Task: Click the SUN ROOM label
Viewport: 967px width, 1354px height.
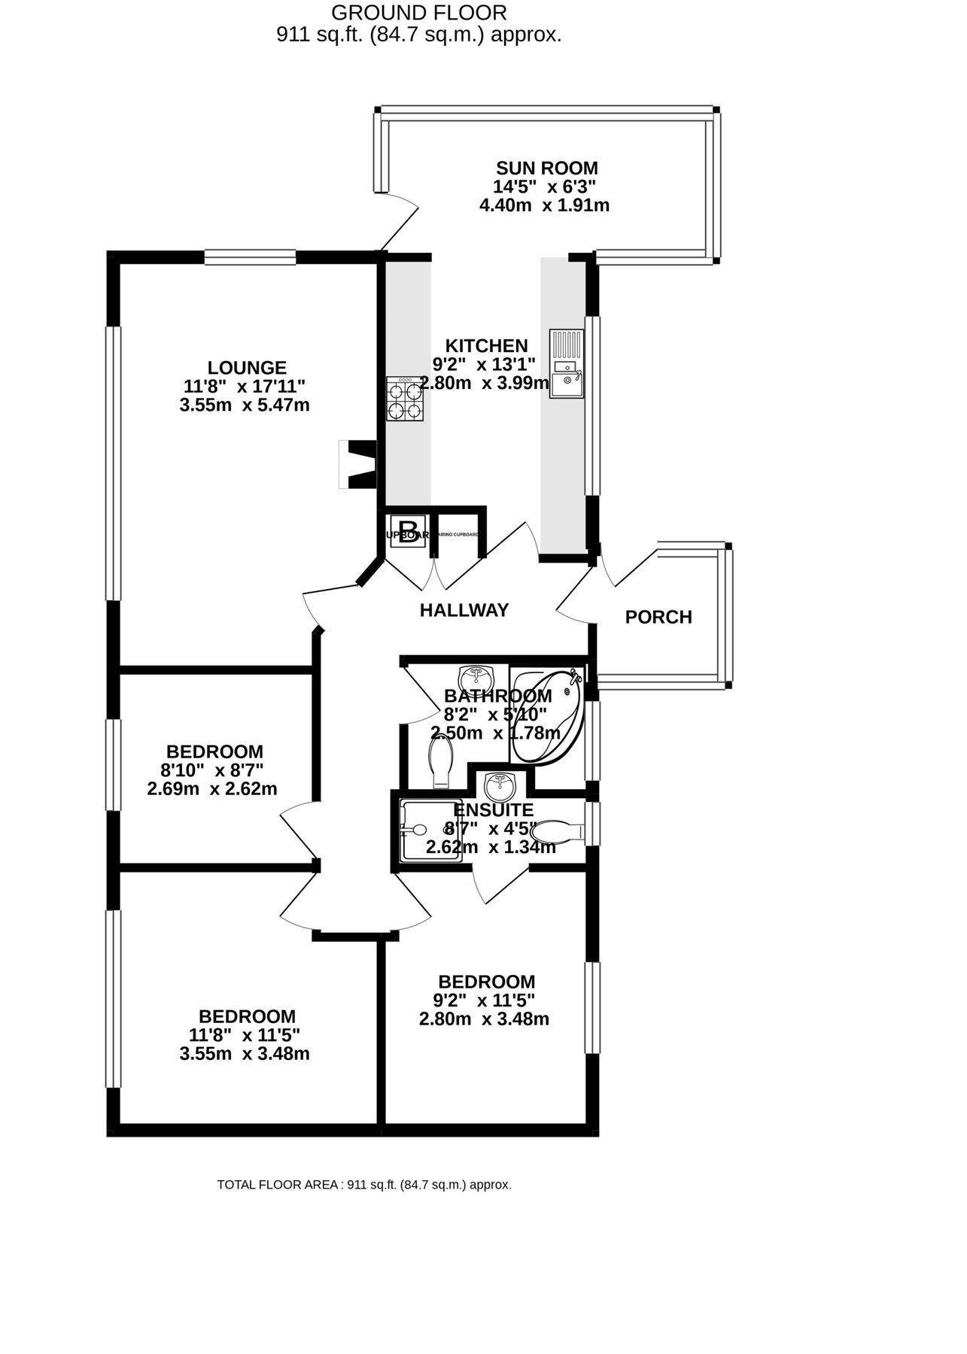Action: click(x=546, y=168)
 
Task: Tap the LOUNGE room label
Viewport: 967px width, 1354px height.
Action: click(x=247, y=368)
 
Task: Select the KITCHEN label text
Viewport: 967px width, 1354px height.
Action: click(x=486, y=346)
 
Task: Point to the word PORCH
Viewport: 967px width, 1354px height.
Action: click(x=658, y=618)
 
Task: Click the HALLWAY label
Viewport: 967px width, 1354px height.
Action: click(x=464, y=610)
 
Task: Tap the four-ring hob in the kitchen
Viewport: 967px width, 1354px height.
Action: click(x=405, y=399)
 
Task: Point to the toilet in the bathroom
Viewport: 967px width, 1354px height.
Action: click(x=440, y=761)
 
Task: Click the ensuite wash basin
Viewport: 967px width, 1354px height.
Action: click(x=500, y=788)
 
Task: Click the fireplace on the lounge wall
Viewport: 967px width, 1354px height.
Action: click(x=357, y=464)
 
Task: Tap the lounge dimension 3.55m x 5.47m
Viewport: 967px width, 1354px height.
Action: click(x=245, y=405)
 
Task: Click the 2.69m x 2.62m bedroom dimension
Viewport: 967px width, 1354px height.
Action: click(x=212, y=789)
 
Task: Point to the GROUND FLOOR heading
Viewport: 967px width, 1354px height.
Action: click(x=419, y=13)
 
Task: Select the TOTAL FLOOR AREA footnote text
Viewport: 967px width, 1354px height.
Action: click(x=364, y=1185)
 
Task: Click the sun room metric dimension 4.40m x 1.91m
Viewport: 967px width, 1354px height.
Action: click(x=544, y=205)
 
